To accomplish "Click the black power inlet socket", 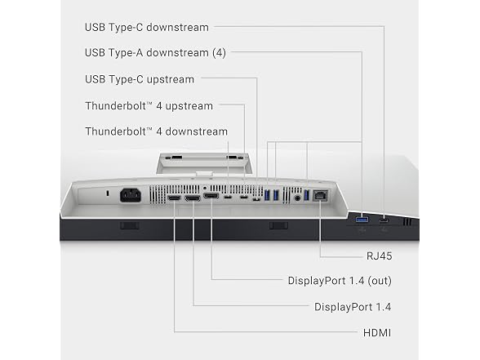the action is tap(131, 195).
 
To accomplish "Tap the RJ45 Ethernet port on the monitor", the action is tap(320, 195).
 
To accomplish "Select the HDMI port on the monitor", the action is tap(174, 198).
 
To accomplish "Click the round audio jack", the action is tap(297, 198).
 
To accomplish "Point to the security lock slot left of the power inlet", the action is tap(107, 193).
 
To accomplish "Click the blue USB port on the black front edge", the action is tap(362, 220).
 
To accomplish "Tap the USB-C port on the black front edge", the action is tap(384, 220).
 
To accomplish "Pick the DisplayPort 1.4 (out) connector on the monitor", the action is tap(211, 196).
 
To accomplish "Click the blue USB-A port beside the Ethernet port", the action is tap(307, 195).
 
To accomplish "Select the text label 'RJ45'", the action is tap(379, 256).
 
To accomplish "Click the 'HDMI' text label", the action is tap(377, 333).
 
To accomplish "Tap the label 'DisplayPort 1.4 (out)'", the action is tap(340, 281).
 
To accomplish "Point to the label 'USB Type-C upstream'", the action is tap(140, 80).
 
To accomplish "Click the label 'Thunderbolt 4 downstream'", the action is tap(156, 131).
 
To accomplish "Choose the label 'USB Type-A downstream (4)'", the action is tap(155, 52).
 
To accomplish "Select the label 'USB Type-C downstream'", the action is tap(147, 27).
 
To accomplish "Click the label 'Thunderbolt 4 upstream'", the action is tap(149, 106).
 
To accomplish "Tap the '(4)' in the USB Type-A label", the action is tap(219, 52).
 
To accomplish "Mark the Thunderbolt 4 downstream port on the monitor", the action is tap(228, 197).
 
